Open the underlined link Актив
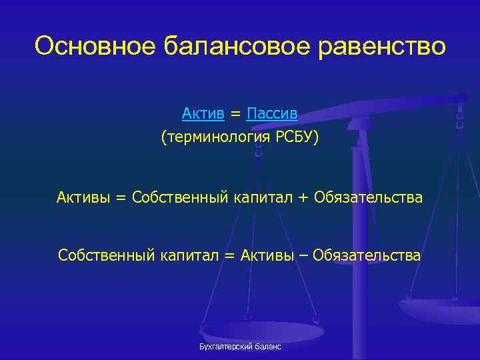pos(203,114)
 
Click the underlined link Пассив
pos(272,114)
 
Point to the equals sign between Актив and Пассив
pos(235,115)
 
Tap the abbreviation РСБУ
pos(293,137)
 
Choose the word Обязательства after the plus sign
pos(368,197)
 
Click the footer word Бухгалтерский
pos(222,347)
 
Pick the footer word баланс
pos(266,347)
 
